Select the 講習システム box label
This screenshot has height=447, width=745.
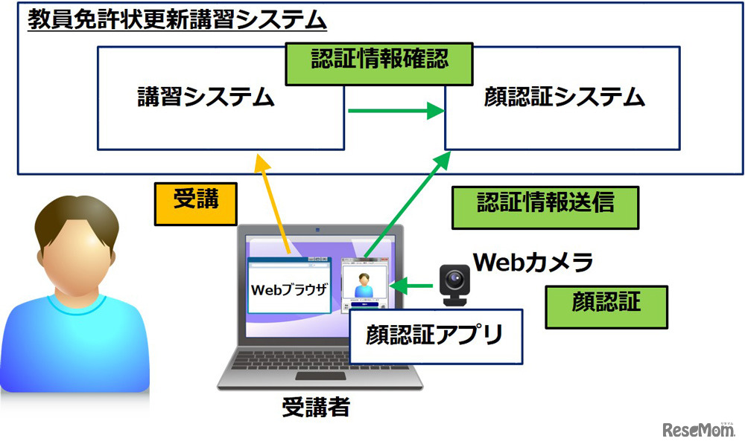(206, 97)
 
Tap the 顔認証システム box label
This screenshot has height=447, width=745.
(563, 97)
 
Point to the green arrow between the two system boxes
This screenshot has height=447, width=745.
(395, 112)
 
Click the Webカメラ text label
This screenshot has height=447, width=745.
(533, 262)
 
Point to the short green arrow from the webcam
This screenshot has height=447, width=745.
(413, 284)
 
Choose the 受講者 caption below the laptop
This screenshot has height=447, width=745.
(315, 407)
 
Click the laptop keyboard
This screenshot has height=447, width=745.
(313, 364)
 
